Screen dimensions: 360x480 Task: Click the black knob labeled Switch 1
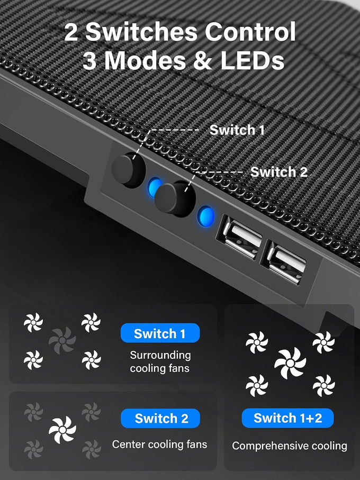tap(128, 170)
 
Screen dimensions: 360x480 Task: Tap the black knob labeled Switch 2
tap(175, 199)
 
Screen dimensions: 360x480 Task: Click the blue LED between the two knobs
tap(155, 187)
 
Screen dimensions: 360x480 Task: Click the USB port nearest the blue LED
tap(239, 236)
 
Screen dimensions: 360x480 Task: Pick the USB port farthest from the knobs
tap(284, 262)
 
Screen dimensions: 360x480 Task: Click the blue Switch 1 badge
tap(160, 333)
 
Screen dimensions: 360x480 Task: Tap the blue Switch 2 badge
tap(160, 418)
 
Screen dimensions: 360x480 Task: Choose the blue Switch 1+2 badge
tap(288, 418)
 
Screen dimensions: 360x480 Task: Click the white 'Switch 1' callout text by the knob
tap(237, 130)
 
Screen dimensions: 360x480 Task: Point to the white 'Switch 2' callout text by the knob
tap(279, 172)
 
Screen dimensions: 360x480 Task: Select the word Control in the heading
tap(250, 32)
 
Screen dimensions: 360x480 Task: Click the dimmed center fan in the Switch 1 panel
tap(62, 340)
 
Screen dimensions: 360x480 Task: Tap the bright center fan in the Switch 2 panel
tap(62, 430)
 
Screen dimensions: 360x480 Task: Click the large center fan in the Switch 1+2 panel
tap(290, 363)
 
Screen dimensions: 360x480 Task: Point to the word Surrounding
tap(160, 356)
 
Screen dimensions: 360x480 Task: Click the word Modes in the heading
tap(145, 60)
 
